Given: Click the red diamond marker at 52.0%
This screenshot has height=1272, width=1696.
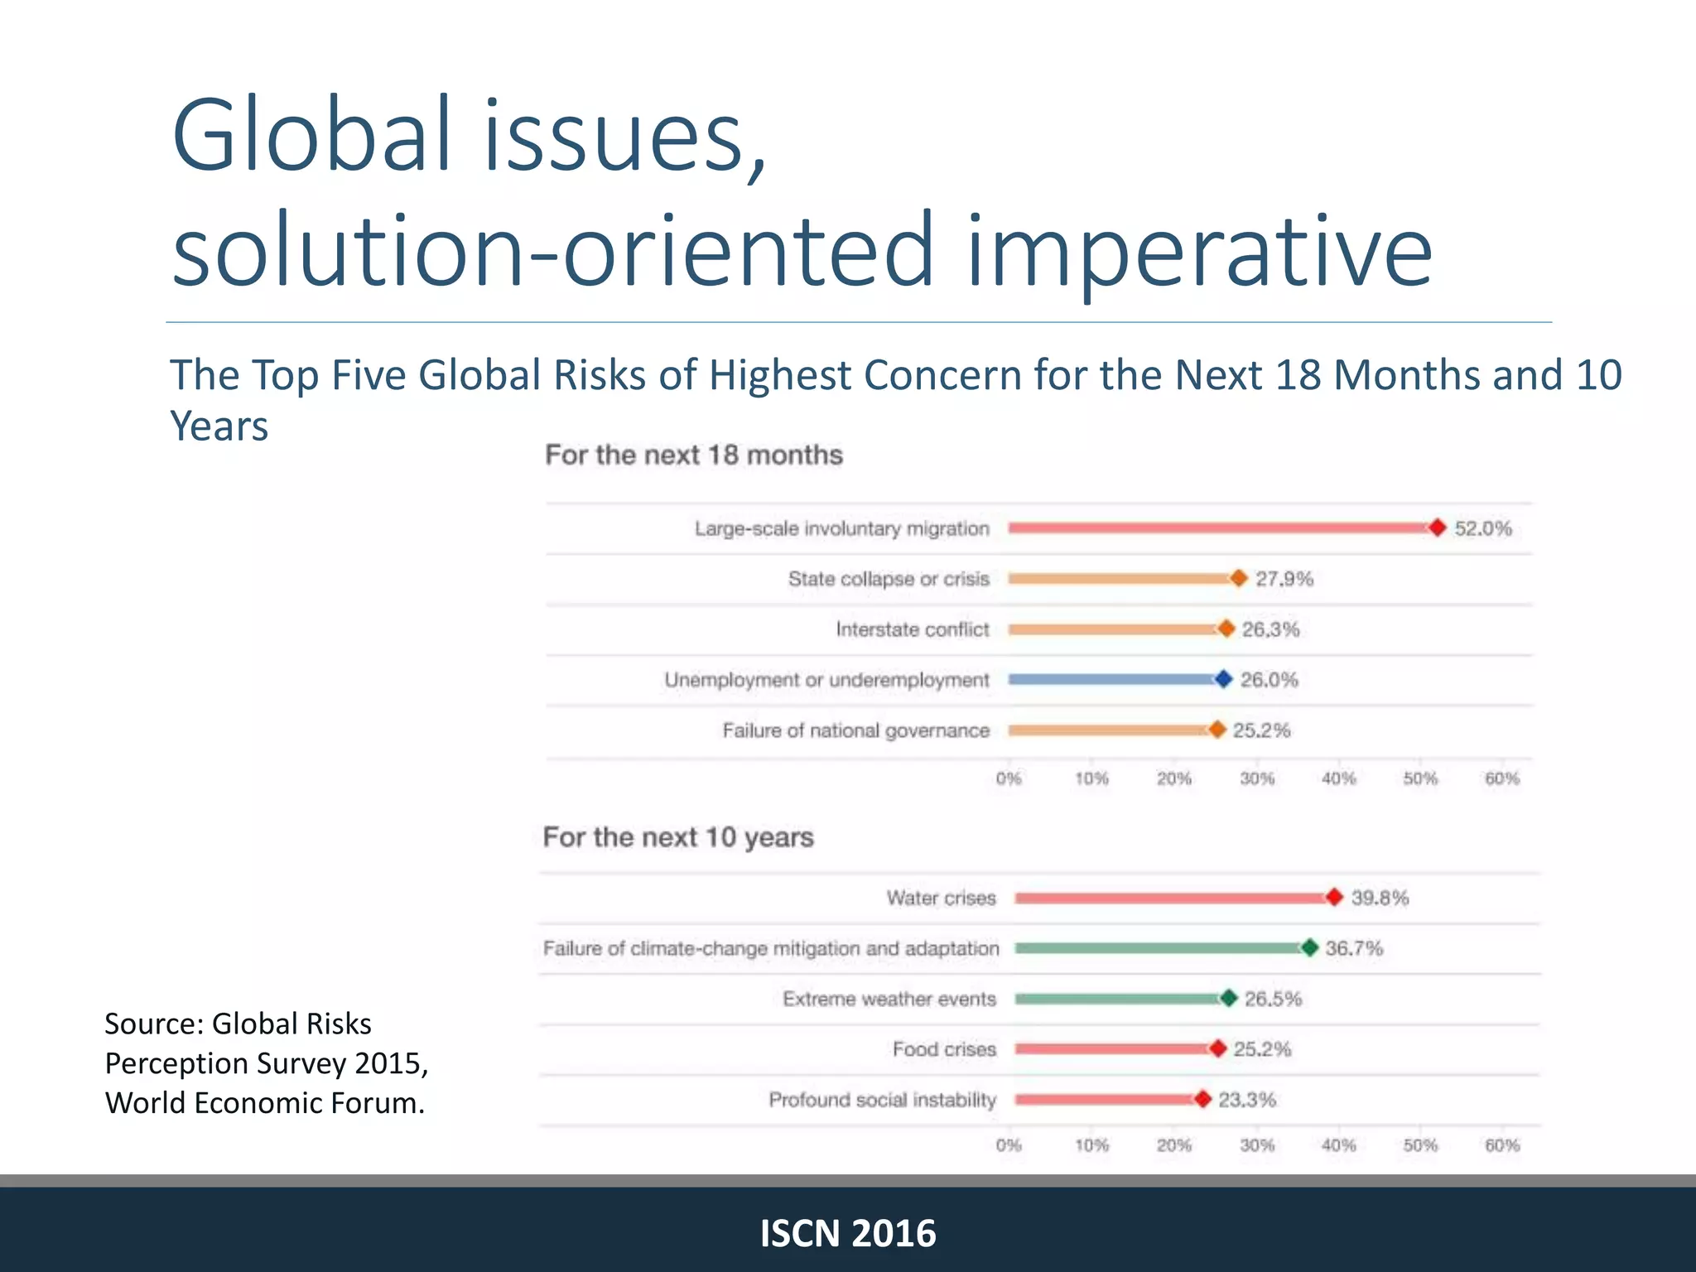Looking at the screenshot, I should (1438, 528).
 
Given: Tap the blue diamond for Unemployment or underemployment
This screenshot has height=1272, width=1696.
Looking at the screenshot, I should (1223, 679).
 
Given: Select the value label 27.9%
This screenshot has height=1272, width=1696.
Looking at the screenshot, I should (1284, 578).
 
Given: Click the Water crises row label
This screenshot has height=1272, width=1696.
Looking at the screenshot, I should (941, 898).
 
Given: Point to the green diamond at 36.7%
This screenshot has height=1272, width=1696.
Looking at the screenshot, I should (1309, 947).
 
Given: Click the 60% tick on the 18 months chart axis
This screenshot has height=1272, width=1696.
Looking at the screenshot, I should (1501, 778).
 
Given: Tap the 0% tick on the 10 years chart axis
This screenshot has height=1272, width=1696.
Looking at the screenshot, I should (1009, 1145).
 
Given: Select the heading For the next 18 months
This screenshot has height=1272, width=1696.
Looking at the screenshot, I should (693, 455).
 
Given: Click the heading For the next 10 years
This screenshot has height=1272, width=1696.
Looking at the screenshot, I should (677, 837).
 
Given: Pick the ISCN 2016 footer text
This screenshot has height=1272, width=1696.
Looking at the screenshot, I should (848, 1233).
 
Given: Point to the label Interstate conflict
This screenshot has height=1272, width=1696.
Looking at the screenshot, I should (912, 629).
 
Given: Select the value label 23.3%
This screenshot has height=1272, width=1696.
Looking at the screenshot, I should (1246, 1100).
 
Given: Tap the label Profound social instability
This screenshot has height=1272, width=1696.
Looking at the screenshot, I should (882, 1100).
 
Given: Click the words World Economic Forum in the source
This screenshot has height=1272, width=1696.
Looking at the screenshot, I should (264, 1103).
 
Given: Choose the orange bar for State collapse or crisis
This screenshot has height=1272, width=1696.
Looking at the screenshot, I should (1118, 578).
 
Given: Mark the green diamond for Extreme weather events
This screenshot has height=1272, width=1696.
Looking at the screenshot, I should (1229, 998).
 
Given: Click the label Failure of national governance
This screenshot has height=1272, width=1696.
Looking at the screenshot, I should (855, 730).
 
